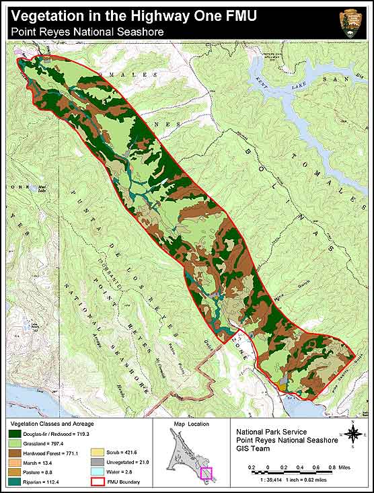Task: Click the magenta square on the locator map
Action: click(206, 473)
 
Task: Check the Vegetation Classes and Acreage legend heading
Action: click(50, 424)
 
